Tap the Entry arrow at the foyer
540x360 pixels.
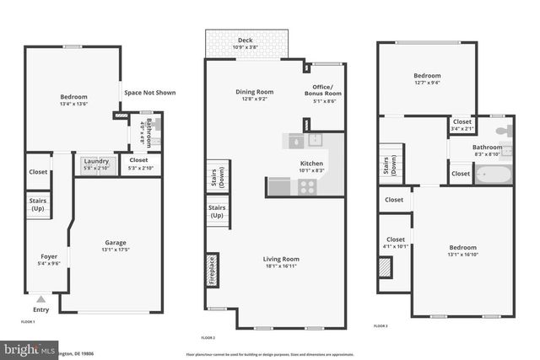click(x=40, y=298)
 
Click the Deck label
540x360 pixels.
click(x=245, y=40)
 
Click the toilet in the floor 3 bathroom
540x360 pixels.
click(x=505, y=132)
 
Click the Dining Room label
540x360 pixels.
click(x=254, y=91)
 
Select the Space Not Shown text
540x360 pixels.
click(x=149, y=93)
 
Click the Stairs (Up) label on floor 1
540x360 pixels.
click(x=37, y=205)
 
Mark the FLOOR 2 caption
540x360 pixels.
click(x=208, y=337)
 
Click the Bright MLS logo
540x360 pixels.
click(x=25, y=348)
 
